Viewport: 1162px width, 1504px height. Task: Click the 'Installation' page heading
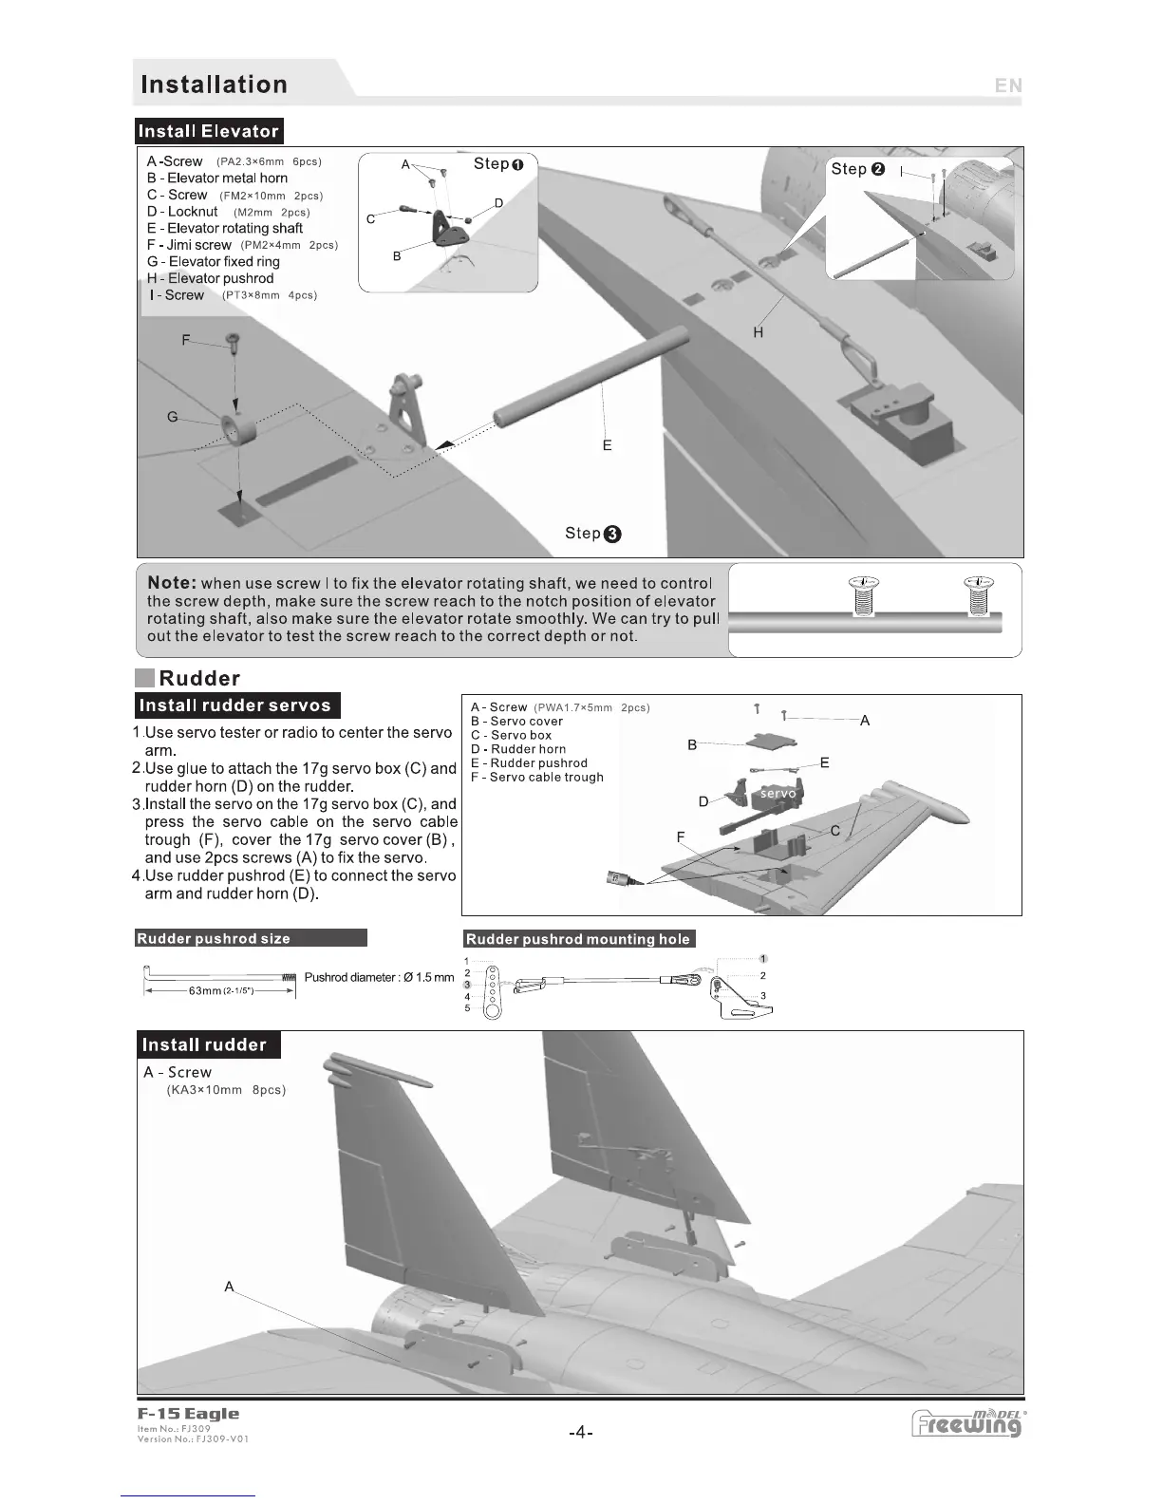pyautogui.click(x=214, y=85)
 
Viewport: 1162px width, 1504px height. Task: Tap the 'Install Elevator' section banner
pyautogui.click(x=209, y=131)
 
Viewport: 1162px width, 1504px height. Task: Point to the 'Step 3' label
pyautogui.click(x=592, y=534)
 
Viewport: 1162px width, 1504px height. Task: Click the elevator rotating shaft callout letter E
pyautogui.click(x=607, y=445)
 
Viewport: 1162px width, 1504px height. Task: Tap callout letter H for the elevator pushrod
pyautogui.click(x=758, y=332)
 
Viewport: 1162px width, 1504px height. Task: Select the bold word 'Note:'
pyautogui.click(x=172, y=583)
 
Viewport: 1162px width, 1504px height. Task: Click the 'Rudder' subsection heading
pyautogui.click(x=199, y=678)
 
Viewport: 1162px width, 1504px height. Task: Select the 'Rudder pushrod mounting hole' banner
pyautogui.click(x=578, y=939)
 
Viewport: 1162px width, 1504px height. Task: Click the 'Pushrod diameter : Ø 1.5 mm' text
pyautogui.click(x=379, y=977)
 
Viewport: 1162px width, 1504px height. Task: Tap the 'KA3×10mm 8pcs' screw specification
pyautogui.click(x=226, y=1090)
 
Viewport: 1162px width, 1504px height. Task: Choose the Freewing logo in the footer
pyautogui.click(x=967, y=1424)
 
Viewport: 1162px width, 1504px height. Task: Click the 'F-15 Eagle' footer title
pyautogui.click(x=188, y=1414)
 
